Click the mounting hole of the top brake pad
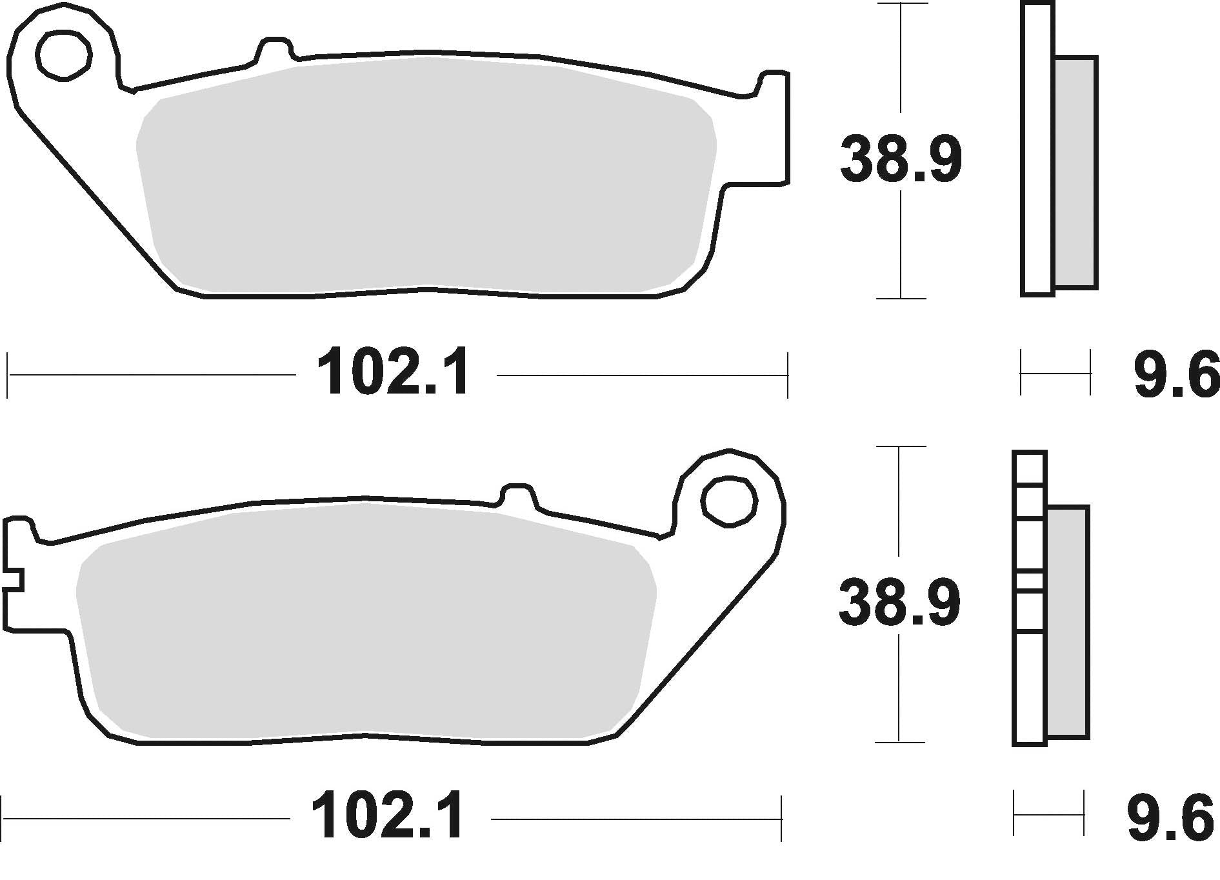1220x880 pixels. (63, 54)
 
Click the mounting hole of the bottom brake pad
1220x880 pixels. (729, 500)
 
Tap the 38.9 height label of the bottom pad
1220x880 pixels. (899, 603)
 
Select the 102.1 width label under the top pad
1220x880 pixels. (394, 372)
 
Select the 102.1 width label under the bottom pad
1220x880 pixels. (387, 817)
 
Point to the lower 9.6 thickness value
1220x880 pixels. (1170, 819)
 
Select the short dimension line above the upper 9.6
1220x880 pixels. (1055, 372)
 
